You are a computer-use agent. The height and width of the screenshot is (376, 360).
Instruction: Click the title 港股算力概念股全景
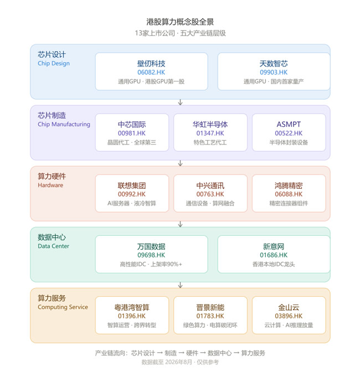tap(180, 22)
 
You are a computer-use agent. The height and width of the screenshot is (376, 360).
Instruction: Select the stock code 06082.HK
tap(151, 73)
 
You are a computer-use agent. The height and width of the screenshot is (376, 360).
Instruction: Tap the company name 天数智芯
tap(274, 64)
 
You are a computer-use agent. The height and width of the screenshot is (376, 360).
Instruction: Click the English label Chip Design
tap(54, 64)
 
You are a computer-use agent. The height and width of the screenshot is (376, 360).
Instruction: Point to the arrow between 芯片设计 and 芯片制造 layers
tap(180, 102)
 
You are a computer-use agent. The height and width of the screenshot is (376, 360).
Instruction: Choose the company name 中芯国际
tap(132, 125)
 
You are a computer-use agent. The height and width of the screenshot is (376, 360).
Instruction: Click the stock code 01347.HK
tap(210, 133)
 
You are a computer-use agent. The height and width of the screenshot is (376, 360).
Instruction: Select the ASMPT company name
tap(289, 124)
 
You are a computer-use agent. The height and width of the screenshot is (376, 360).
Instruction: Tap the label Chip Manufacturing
tap(64, 125)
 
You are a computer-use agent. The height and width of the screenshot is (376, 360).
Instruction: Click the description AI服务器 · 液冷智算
tap(132, 203)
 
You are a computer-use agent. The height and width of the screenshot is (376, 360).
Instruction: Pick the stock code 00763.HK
tap(210, 194)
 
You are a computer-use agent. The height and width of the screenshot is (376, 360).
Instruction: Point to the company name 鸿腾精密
tap(289, 186)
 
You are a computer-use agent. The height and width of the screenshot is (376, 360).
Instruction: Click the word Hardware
tap(50, 185)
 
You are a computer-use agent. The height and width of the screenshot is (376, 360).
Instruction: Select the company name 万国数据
tap(151, 246)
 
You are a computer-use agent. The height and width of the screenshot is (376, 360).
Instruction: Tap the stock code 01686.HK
tap(274, 255)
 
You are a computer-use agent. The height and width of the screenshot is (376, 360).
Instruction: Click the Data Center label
tap(54, 246)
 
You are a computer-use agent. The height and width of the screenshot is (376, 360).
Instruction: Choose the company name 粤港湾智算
tap(132, 307)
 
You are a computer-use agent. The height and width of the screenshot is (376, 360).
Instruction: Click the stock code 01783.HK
tap(210, 316)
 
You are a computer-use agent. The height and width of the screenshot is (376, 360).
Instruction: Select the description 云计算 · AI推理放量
tap(289, 325)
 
